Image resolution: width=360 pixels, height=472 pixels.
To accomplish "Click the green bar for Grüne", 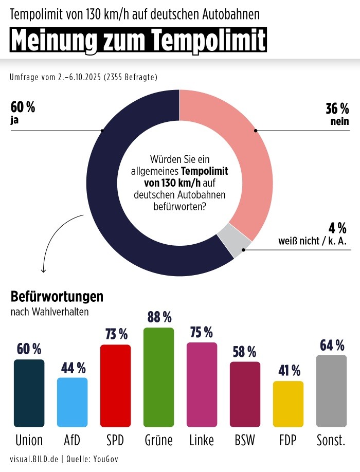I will pos(158,377).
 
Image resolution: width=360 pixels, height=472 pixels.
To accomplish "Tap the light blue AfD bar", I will pos(72,402).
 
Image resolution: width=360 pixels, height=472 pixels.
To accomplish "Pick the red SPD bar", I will pos(115,386).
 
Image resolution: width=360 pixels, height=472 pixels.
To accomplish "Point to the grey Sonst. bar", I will pos(331,391).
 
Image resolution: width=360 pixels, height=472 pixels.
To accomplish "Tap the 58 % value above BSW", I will pos(245,352).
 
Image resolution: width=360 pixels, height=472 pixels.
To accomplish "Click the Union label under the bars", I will pos(29,440).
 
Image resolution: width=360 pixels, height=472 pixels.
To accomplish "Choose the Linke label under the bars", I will pos(202,440).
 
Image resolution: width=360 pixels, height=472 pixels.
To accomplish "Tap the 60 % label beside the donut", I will pos(23,107).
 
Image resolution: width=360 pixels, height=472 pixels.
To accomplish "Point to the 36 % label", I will pos(337,108).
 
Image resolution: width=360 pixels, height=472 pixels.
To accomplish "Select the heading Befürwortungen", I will pos(57,297).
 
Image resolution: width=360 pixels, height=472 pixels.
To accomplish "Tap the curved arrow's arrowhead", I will pos(43,270).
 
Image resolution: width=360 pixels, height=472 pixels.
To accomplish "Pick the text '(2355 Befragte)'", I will pos(130,78).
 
